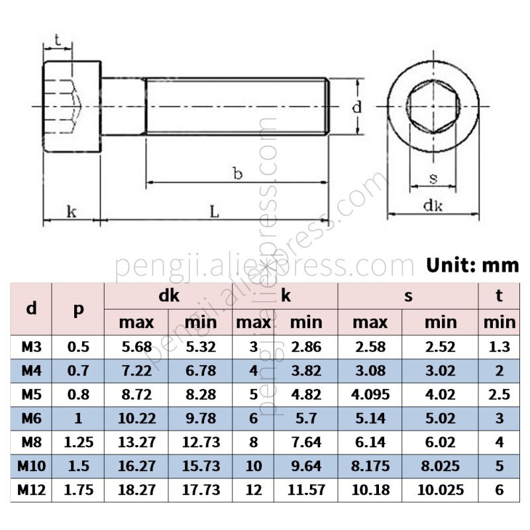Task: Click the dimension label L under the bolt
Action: [214, 211]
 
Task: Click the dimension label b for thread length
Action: [237, 174]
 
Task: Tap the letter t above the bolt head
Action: [58, 40]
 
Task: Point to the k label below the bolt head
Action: [72, 211]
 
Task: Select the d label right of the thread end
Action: [356, 107]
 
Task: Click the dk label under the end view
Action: [433, 205]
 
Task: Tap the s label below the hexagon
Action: [433, 178]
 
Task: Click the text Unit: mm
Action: [472, 265]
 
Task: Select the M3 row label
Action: [31, 346]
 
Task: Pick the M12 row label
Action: [31, 490]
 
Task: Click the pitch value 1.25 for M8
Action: [78, 443]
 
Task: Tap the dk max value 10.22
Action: [136, 418]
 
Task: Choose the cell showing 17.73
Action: [199, 490]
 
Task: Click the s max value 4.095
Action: [370, 394]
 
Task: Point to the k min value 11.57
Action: [305, 490]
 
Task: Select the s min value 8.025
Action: [441, 466]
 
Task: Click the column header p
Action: [78, 309]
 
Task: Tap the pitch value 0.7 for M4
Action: [78, 370]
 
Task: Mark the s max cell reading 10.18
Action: [370, 490]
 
